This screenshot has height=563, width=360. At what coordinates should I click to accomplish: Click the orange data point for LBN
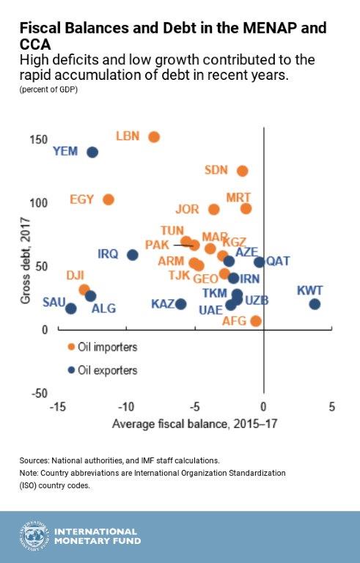coord(154,137)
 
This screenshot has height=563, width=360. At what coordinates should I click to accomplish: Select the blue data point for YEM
coord(92,152)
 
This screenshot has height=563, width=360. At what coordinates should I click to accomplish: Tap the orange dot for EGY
coord(109,199)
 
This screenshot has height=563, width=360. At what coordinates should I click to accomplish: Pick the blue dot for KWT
coord(315,304)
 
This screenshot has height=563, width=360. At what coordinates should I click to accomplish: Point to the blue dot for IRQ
coord(133,255)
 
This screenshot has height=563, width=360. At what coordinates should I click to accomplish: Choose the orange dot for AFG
coord(256,321)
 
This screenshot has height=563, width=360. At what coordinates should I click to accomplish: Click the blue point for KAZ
coord(180,304)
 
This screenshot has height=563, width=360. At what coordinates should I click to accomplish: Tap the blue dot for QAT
coord(259,262)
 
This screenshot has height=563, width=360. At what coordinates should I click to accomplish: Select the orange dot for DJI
coord(84,290)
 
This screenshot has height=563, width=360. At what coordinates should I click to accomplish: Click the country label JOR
coord(188,209)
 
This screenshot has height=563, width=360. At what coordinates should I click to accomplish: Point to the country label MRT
coord(238,198)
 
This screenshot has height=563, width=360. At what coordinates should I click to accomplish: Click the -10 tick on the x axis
coord(125,407)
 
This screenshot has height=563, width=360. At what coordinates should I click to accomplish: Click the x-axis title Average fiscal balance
coord(194,424)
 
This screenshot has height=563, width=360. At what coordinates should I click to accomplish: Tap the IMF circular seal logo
coord(32,535)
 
